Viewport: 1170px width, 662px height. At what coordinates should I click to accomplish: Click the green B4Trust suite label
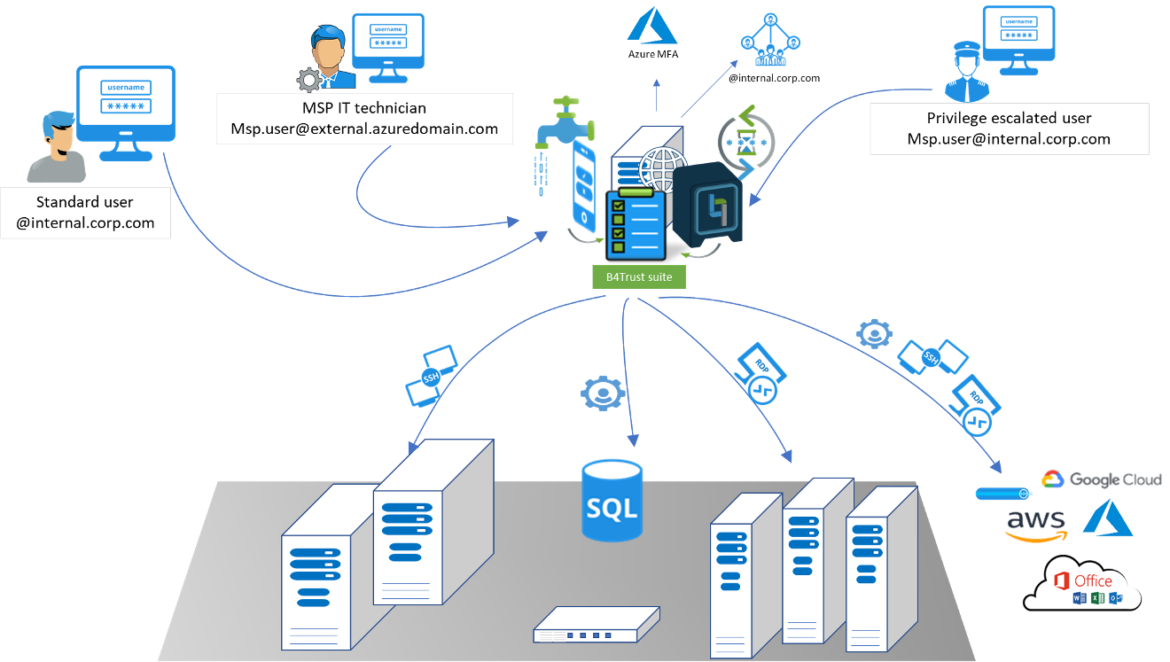[638, 276]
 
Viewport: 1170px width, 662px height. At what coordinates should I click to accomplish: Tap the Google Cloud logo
[1101, 479]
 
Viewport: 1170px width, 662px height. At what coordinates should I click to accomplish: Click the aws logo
[1035, 524]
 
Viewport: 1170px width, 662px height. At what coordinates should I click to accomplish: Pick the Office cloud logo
[1082, 584]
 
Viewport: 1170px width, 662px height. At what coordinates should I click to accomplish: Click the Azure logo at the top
[652, 25]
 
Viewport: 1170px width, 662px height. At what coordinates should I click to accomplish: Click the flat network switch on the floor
[597, 625]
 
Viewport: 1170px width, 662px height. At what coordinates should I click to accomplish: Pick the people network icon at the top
[770, 40]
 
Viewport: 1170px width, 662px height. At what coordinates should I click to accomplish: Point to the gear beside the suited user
[308, 81]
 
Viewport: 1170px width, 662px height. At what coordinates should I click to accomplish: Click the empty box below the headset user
[85, 213]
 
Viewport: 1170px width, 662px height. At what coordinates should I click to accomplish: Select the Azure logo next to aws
[1108, 518]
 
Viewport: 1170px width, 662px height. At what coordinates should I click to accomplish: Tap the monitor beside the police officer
[1018, 36]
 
